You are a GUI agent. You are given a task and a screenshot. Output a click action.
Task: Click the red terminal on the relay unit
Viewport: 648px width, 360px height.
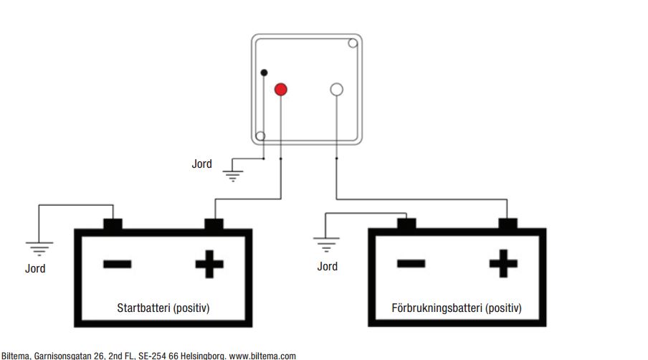[280, 90]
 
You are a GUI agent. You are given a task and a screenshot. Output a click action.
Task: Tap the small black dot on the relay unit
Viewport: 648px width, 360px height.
[264, 72]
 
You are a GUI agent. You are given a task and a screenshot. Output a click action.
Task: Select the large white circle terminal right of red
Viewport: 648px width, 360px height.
[336, 90]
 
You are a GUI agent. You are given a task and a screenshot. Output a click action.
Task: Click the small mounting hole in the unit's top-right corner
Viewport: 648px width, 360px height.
[353, 43]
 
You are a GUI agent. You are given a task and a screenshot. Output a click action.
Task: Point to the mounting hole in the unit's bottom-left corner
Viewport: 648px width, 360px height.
[260, 136]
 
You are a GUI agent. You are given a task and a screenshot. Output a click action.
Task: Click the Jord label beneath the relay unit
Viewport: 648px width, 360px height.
[201, 164]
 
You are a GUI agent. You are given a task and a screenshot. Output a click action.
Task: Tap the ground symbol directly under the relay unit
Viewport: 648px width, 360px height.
[232, 173]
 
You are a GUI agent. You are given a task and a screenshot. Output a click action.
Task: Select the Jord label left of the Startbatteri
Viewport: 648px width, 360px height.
[35, 268]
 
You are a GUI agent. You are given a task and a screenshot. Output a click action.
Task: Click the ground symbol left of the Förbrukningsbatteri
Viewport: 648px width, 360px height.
[327, 246]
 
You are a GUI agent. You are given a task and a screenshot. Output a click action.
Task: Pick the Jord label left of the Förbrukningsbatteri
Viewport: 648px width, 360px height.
[327, 266]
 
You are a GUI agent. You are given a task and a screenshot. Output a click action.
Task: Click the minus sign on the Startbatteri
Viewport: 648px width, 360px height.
[117, 265]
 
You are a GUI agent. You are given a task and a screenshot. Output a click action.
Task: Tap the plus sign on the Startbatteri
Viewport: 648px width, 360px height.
[209, 265]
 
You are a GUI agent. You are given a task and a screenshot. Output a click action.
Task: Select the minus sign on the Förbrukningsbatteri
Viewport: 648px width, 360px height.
[411, 264]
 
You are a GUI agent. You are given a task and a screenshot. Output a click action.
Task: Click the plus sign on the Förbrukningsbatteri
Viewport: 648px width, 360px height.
[503, 264]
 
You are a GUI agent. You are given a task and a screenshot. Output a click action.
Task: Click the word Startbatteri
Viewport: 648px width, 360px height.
[143, 308]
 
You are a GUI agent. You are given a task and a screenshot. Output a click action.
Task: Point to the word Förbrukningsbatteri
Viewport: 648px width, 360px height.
[437, 308]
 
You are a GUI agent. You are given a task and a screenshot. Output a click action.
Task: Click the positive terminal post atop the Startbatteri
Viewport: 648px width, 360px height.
[214, 224]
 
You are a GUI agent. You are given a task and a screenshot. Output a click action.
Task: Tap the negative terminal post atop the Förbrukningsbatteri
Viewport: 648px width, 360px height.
[406, 224]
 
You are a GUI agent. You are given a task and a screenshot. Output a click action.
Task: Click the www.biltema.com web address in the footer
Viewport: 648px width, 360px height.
[262, 355]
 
